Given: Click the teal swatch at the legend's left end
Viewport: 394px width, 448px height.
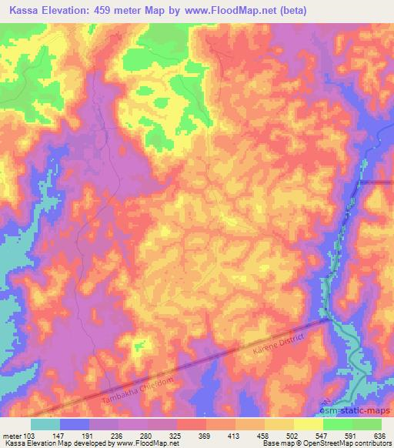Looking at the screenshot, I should [x=45, y=424].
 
